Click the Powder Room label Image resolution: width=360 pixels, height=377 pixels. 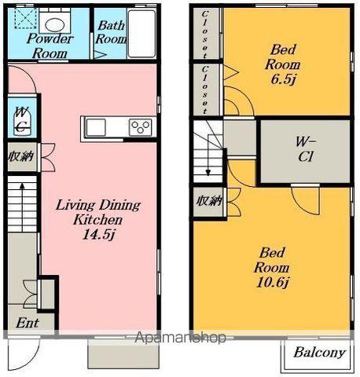(x=50, y=46)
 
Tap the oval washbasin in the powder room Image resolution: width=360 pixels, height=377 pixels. (x=54, y=25)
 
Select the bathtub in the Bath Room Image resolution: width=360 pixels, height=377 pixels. (x=141, y=34)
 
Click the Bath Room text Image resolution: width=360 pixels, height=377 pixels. (x=111, y=32)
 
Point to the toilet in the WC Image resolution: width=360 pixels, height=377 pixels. (x=22, y=122)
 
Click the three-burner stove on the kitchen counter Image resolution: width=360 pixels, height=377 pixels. (x=141, y=127)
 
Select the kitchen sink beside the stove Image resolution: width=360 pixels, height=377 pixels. (x=96, y=127)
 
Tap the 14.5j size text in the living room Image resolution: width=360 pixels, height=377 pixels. (x=99, y=234)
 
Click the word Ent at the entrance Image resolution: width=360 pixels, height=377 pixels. (x=28, y=323)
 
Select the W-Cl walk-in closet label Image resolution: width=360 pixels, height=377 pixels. (x=306, y=149)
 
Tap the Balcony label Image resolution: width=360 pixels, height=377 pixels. (x=319, y=353)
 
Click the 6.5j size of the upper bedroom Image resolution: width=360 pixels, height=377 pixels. (x=283, y=79)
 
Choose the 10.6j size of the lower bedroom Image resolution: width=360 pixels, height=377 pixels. (x=272, y=282)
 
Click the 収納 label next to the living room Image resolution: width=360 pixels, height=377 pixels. (x=21, y=157)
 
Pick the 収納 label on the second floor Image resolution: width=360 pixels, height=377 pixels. (x=210, y=201)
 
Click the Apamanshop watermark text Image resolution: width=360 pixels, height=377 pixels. (x=180, y=338)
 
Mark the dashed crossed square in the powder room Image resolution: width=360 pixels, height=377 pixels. (x=25, y=18)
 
